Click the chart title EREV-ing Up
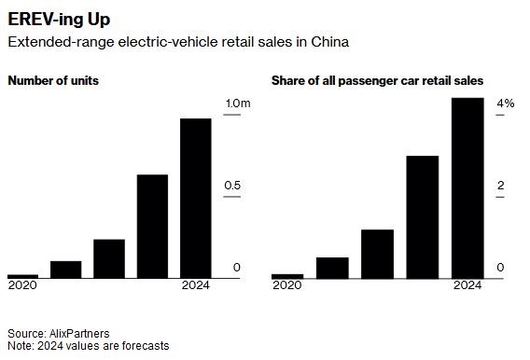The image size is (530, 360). pos(59,20)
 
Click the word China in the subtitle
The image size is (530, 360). pos(330,42)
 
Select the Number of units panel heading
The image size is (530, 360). pos(53,81)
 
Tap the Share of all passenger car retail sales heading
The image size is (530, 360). pos(377,81)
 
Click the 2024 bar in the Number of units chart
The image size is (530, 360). pos(196,199)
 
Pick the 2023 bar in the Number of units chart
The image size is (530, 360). pos(152,227)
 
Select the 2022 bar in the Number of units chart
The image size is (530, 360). pos(109,258)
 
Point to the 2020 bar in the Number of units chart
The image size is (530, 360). pos(23,276)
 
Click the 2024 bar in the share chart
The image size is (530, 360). pos(467,188)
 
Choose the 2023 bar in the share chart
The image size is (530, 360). pos(423,217)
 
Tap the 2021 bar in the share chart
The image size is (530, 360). pos(332,269)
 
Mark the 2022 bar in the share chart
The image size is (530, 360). pos(378,254)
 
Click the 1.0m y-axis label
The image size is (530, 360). pos(238,104)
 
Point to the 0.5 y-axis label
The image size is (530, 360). pos(232,186)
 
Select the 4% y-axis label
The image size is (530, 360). pos(506,104)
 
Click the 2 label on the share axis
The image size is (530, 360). pos(500,186)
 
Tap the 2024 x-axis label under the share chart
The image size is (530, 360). pos(467,285)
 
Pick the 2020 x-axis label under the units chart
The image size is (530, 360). pos(22,285)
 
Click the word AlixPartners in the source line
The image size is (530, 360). pos(79,334)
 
